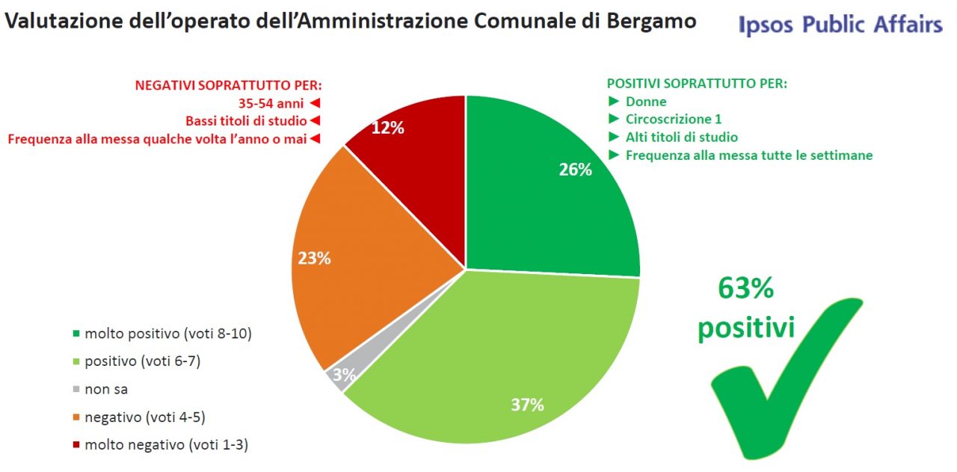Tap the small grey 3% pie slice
(340, 376)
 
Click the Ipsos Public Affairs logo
(840, 25)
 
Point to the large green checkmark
(785, 381)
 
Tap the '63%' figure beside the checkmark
(745, 288)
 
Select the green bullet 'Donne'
(646, 102)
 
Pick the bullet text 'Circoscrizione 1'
(673, 119)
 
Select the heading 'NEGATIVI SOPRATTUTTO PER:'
(233, 85)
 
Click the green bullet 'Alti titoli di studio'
(681, 137)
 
